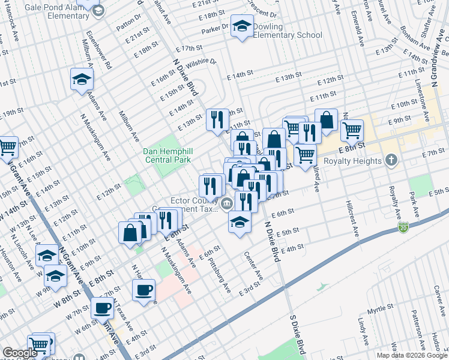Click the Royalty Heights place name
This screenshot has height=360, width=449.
(352, 161)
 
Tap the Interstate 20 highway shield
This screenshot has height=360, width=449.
(403, 227)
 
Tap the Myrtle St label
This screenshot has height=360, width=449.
(379, 308)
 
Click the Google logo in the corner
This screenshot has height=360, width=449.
(20, 353)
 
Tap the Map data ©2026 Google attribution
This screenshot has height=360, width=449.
(411, 355)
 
